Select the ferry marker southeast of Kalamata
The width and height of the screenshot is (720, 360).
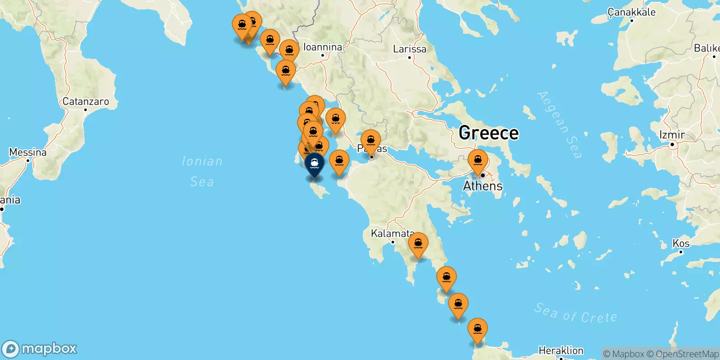[x=418, y=244]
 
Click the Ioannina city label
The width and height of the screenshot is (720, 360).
[x=323, y=47]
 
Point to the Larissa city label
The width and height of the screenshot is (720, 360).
[x=409, y=49]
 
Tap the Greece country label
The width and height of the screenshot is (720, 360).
[x=489, y=133]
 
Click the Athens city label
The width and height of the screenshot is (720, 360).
[x=483, y=186]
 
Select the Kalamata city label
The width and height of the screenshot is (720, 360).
[x=391, y=234]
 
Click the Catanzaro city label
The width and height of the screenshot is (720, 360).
[x=85, y=102]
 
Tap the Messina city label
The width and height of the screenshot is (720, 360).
[x=28, y=153]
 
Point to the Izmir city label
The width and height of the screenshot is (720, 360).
[x=672, y=135]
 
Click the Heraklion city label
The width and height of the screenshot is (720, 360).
[x=561, y=350]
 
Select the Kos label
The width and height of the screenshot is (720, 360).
[x=681, y=243]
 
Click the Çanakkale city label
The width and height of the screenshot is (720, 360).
[x=631, y=12]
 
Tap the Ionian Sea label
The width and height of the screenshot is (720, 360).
[x=202, y=171]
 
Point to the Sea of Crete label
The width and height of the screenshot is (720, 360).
[x=576, y=313]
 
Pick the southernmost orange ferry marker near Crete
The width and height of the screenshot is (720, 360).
[x=477, y=330]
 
